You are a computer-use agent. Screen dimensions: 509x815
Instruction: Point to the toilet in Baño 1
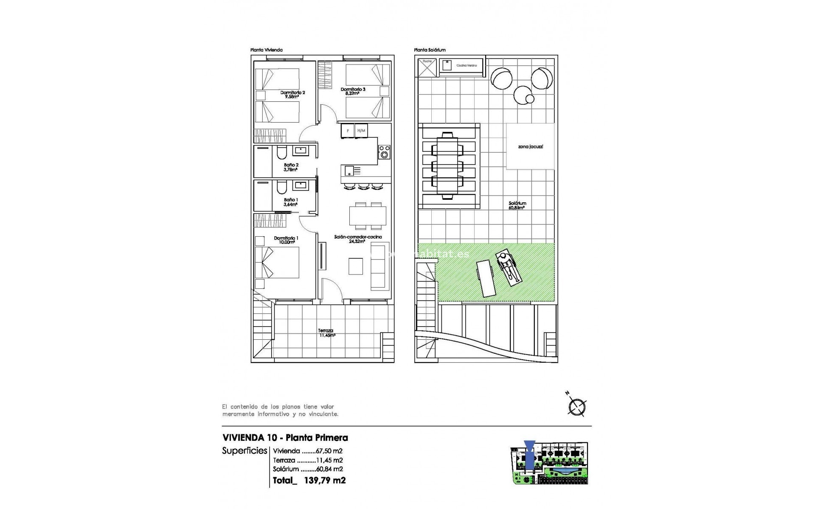281,187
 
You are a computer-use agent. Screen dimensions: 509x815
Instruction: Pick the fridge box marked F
348,131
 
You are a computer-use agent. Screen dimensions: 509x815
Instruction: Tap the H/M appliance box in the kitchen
361,131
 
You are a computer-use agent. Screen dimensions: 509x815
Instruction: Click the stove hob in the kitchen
384,152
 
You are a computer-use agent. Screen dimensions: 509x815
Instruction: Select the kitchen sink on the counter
349,171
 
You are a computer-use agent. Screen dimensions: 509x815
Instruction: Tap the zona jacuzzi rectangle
530,147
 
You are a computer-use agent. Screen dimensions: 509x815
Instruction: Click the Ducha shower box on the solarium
427,67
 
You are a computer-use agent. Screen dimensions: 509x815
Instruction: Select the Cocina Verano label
467,66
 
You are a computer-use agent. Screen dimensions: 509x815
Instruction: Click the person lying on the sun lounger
508,267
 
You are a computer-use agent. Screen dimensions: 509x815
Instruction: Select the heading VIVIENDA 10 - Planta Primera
285,438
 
